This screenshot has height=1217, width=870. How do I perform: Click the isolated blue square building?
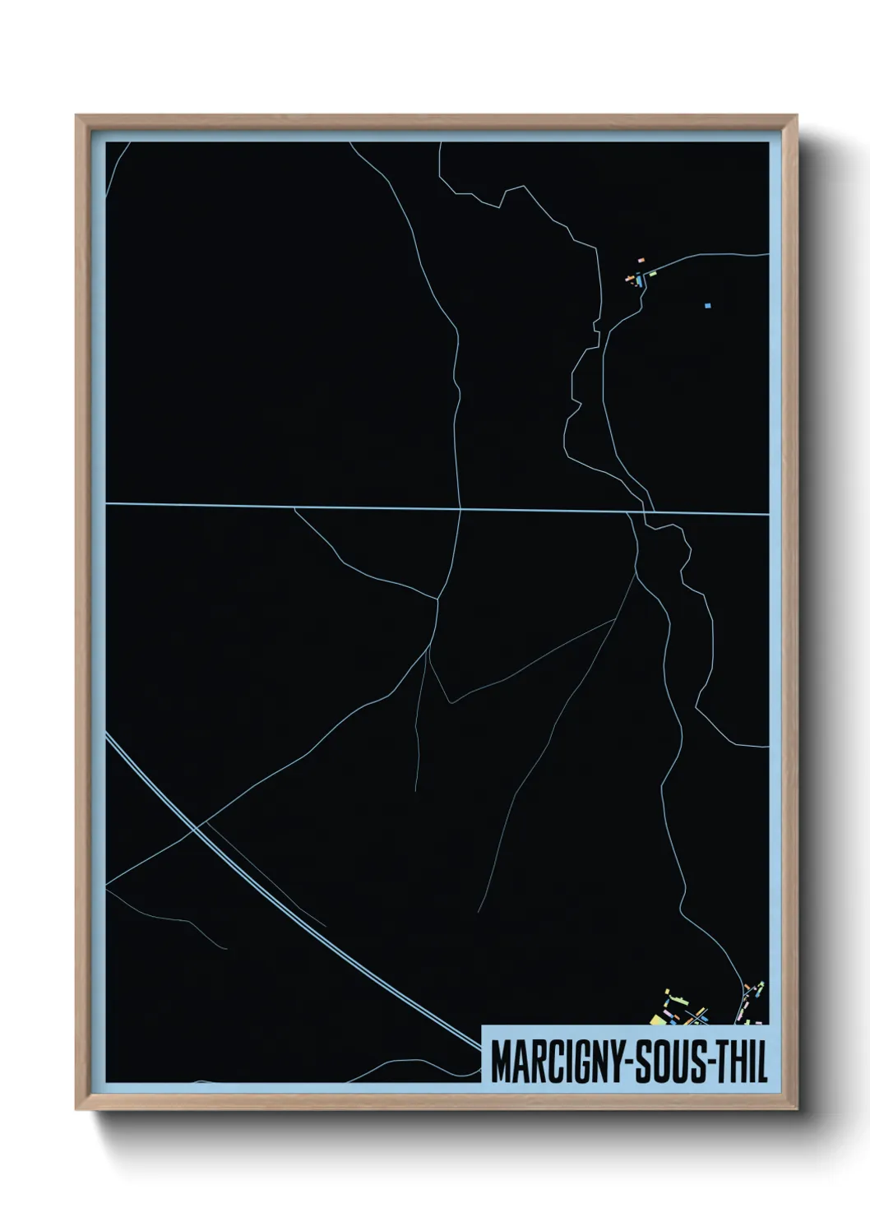[707, 306]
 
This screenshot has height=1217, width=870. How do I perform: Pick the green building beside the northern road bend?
[653, 273]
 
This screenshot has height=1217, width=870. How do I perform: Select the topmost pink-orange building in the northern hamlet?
[641, 260]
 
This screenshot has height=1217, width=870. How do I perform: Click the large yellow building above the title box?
[657, 1020]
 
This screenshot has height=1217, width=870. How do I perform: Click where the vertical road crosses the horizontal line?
[460, 509]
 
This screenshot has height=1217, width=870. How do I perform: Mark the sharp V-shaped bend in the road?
[449, 702]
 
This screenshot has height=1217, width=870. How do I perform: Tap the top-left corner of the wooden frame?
[76, 116]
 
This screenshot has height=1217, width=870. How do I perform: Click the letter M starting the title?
[500, 1063]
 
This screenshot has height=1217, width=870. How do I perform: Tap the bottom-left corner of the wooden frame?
[76, 1109]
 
